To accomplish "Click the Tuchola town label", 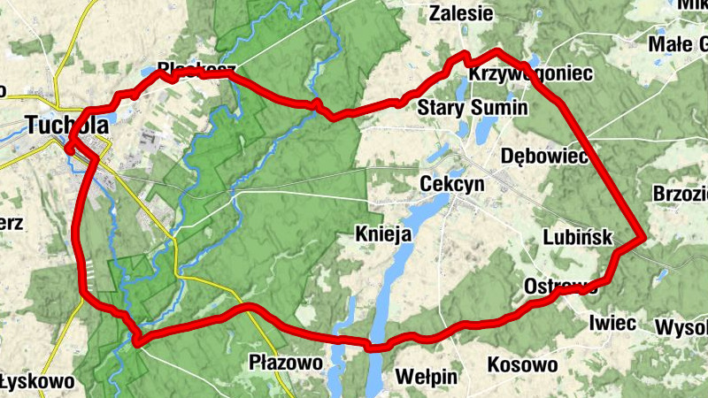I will (68, 126).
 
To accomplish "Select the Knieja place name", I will (384, 234).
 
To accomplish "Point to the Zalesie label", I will (460, 13).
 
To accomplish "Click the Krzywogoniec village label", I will (530, 74).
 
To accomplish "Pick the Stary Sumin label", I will (472, 108).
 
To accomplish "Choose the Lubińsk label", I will (580, 236).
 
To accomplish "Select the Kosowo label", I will (522, 364).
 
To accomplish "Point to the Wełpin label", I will (427, 377).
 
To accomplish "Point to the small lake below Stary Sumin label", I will (485, 131).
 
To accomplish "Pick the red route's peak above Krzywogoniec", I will (497, 52).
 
